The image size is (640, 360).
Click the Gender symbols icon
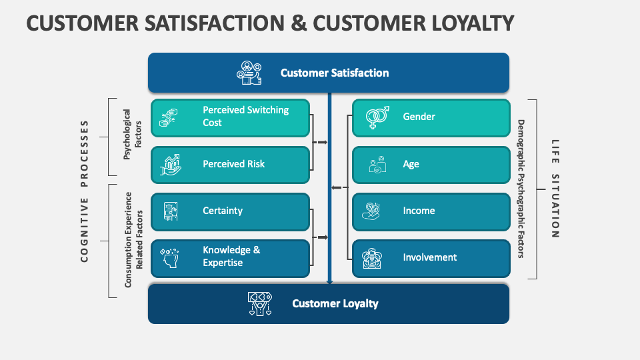point(377,117)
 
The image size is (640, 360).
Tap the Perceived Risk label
point(233,164)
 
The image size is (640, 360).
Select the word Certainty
point(223,211)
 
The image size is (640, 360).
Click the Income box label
point(419,211)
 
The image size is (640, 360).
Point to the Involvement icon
point(372,258)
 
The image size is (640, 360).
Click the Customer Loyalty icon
point(259,304)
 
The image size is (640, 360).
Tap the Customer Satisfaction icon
point(249,73)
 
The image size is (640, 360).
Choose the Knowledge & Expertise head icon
point(169,257)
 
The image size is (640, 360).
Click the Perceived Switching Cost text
point(246,116)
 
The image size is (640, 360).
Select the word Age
point(411,164)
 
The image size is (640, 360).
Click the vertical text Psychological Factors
point(132,134)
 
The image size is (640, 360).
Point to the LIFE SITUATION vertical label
point(555,189)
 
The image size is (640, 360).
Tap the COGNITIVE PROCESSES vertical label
point(84,191)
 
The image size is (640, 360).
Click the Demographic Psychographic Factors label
point(521,189)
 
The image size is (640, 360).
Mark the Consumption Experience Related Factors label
point(133,240)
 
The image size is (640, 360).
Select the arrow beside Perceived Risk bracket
point(320,143)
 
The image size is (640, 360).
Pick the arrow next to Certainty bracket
point(321,237)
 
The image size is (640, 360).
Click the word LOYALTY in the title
point(473,23)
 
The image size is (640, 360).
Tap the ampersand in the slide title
point(299,23)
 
